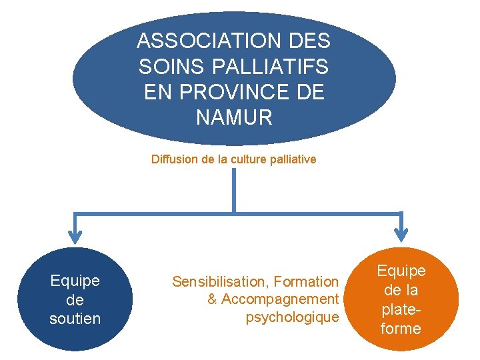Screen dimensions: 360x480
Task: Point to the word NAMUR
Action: point(234,118)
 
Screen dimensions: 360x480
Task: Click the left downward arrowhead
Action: point(75,234)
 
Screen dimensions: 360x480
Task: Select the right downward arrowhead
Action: point(401,234)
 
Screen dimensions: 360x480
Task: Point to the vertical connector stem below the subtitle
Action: point(234,190)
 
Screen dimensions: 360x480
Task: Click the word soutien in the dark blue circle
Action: point(75,319)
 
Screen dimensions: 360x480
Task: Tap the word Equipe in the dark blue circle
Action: point(75,281)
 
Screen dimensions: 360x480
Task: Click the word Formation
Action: point(306,282)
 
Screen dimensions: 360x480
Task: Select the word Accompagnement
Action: point(280,299)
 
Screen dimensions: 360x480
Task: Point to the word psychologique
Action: point(292,317)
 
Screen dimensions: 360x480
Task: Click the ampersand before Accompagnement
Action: point(212,299)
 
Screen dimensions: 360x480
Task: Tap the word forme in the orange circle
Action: point(401,329)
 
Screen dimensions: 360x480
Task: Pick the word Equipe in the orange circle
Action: point(401,271)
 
